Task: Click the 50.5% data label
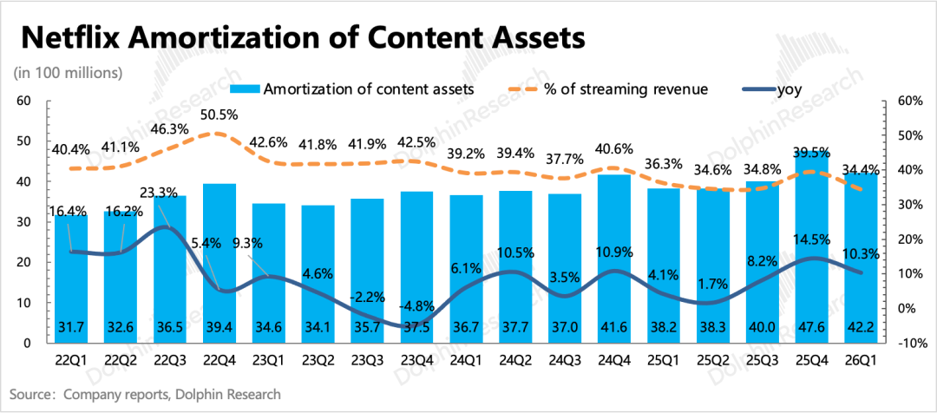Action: coord(220,115)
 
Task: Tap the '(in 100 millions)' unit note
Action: coord(68,71)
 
